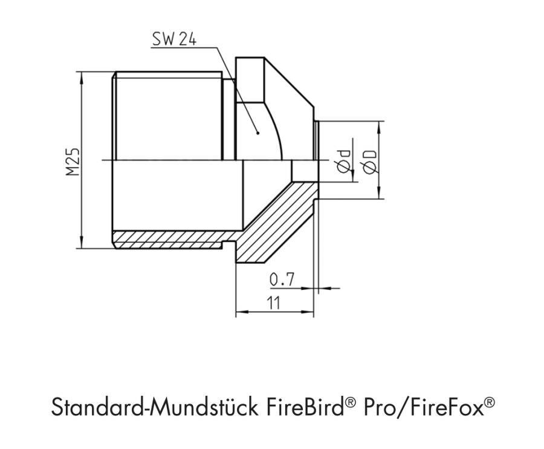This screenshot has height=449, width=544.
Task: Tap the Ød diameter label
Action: [345, 162]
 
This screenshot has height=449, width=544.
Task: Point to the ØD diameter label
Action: [370, 162]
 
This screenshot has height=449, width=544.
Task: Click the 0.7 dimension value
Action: [281, 279]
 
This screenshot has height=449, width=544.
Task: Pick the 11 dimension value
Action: [273, 303]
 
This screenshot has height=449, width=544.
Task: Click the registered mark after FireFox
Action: [490, 400]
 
